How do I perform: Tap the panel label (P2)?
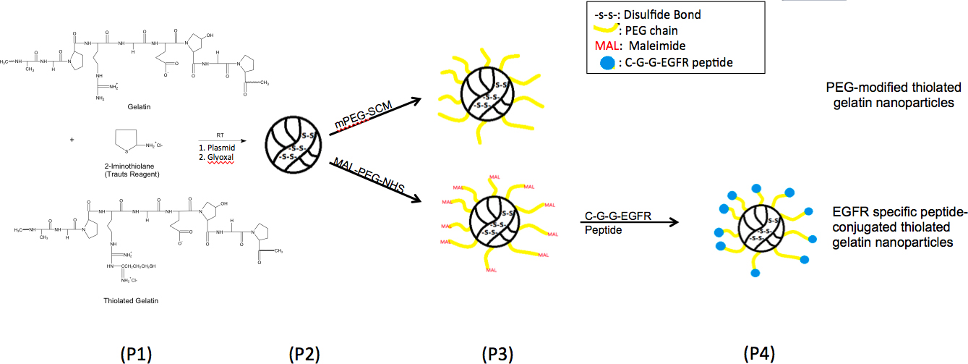[304, 354]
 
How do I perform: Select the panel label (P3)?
[497, 354]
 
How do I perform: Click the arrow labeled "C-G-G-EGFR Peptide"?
[629, 222]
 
